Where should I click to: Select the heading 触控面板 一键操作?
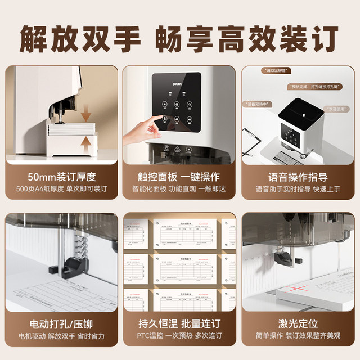[x=180, y=177]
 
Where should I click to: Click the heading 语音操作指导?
[x=298, y=177]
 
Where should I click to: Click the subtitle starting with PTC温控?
[x=180, y=337]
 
